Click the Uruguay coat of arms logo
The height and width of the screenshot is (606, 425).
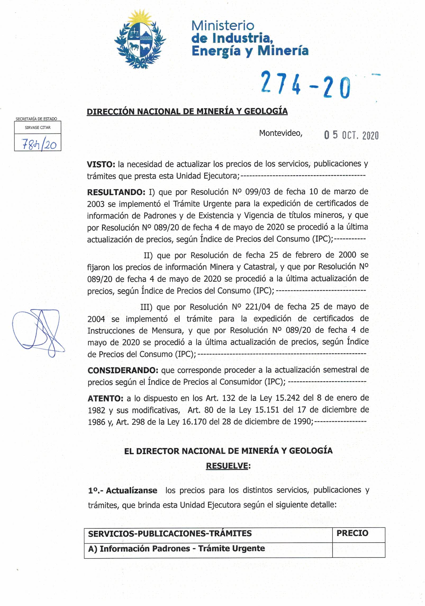(140, 39)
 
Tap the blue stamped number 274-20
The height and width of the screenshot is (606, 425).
(305, 85)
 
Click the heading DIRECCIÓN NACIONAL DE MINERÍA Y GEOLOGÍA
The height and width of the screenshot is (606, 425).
(187, 111)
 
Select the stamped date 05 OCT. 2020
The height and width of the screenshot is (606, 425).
(351, 135)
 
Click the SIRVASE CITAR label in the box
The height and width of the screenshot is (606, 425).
(38, 127)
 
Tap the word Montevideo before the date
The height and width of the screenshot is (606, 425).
(280, 133)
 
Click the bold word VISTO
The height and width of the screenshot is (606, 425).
(100, 165)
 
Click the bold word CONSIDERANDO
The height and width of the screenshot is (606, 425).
(123, 370)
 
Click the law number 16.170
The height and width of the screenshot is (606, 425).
(194, 422)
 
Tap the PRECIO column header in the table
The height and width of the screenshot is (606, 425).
(352, 533)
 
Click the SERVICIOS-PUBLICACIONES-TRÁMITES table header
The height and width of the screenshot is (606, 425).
(170, 534)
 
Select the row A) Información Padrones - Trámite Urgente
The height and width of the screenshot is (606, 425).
(177, 548)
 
